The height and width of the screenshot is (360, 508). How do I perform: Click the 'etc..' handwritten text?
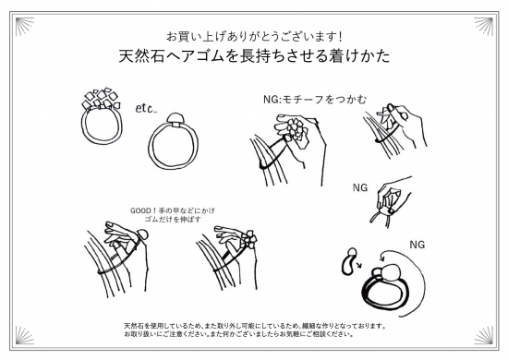(x=147, y=108)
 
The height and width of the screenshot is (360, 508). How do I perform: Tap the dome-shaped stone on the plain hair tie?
(x=175, y=118)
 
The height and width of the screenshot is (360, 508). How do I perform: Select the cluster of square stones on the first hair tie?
(x=101, y=98)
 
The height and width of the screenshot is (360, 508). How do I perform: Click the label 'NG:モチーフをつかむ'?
(x=315, y=100)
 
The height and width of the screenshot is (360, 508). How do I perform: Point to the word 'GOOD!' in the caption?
(x=141, y=210)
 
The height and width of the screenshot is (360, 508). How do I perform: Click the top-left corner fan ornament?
(x=25, y=27)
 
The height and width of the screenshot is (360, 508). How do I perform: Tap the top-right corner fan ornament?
(x=483, y=27)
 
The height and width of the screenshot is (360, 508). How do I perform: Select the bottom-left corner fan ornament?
(x=25, y=335)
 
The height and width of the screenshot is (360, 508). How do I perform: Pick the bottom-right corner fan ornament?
(x=483, y=335)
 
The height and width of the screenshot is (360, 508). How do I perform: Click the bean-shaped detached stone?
(x=349, y=261)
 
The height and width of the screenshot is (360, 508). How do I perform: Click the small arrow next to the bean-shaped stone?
(x=358, y=266)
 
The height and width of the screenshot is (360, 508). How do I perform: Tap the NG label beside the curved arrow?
(x=417, y=245)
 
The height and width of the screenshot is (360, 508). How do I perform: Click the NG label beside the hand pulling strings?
(x=360, y=187)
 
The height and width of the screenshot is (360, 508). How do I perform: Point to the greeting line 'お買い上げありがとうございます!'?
(x=254, y=37)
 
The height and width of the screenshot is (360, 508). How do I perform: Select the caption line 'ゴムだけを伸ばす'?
(x=173, y=220)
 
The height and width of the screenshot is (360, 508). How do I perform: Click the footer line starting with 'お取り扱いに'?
(x=238, y=334)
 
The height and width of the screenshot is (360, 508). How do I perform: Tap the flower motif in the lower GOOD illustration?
(x=248, y=240)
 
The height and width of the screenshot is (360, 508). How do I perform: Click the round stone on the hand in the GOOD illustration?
(x=142, y=234)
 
